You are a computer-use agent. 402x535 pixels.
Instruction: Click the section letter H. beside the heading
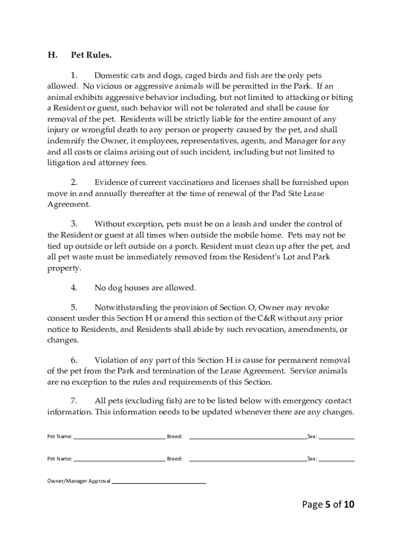52,55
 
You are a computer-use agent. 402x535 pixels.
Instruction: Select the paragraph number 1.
74,75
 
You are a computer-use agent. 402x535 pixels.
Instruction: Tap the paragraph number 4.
74,287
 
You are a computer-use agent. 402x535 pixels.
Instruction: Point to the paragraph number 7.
74,401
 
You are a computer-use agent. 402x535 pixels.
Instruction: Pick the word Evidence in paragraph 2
111,182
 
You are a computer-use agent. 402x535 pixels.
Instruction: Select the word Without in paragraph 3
111,224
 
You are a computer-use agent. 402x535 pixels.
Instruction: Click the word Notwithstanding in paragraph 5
127,307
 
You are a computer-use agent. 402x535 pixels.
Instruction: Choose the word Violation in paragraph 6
112,360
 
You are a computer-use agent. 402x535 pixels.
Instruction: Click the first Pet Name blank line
119,438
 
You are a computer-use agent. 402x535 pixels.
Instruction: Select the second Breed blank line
247,461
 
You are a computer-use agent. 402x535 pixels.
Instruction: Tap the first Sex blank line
336,438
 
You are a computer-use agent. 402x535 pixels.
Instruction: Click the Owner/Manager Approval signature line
159,483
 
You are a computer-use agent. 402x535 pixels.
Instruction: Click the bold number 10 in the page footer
349,504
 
